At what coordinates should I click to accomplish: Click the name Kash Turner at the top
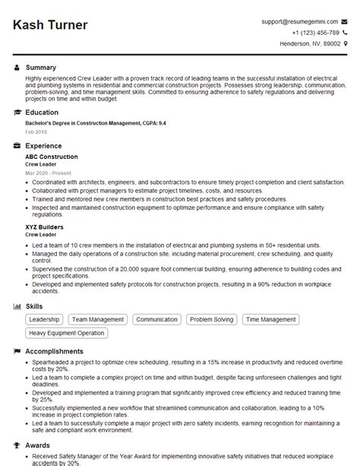(50, 25)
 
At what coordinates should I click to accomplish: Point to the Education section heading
(42, 112)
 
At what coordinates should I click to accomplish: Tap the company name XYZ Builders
(44, 227)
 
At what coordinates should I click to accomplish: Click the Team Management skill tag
(99, 320)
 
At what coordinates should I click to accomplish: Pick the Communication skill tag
(156, 320)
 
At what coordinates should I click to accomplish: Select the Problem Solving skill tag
(212, 320)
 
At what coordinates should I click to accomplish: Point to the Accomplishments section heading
(54, 351)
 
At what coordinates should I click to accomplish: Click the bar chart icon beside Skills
(17, 306)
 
